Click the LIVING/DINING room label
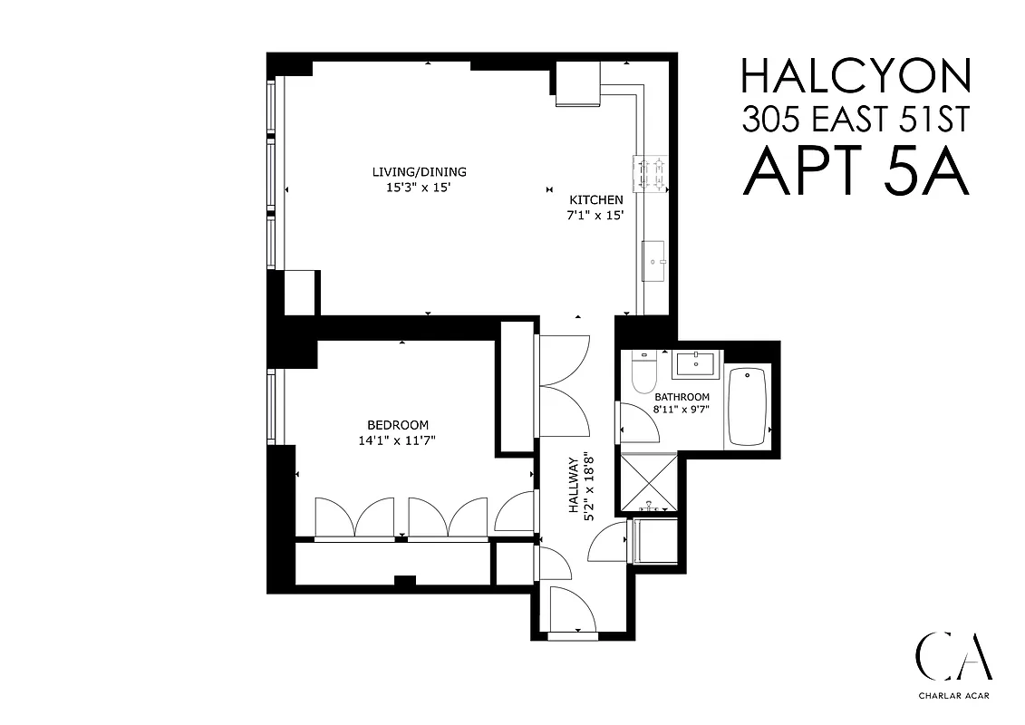(x=419, y=172)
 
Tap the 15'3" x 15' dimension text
(x=419, y=188)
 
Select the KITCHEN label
(x=595, y=200)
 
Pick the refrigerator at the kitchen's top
(x=578, y=85)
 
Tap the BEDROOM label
(x=398, y=425)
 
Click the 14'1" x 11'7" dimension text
(x=398, y=441)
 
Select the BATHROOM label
(x=682, y=397)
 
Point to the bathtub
(x=748, y=406)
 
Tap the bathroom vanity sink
(x=695, y=366)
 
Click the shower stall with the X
(x=646, y=484)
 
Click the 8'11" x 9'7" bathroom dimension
(x=682, y=410)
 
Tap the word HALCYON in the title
(x=856, y=76)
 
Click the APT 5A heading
(x=856, y=172)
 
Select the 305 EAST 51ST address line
(x=856, y=119)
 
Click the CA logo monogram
(x=952, y=656)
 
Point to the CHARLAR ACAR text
(x=952, y=699)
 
